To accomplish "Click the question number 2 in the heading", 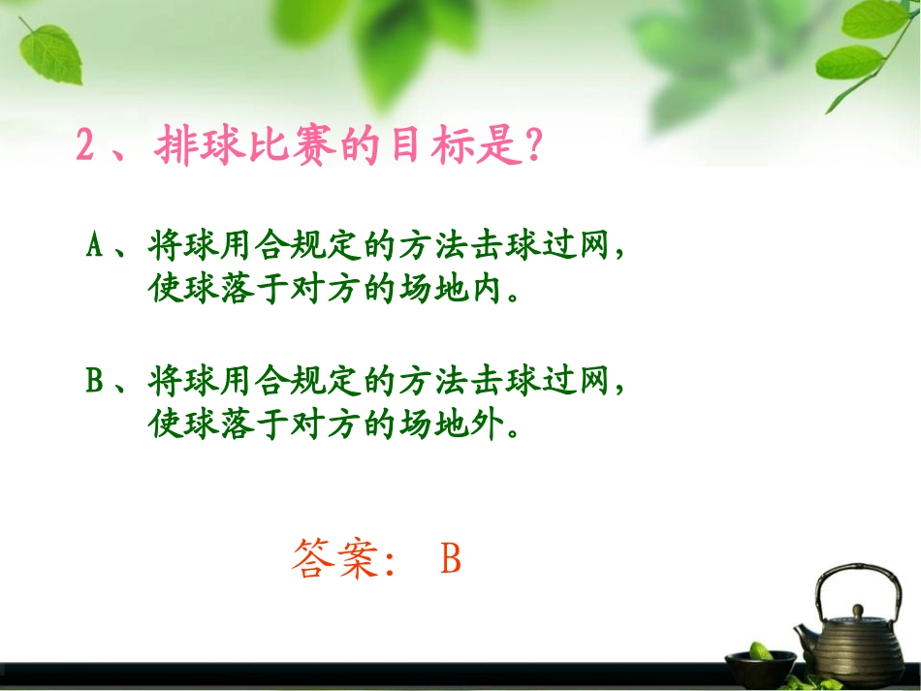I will point(86,147).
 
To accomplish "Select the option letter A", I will point(95,247).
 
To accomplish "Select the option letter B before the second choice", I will point(95,382).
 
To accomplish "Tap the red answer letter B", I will point(450,560).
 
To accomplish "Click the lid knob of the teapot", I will point(857,612).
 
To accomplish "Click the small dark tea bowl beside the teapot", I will point(760,664).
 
